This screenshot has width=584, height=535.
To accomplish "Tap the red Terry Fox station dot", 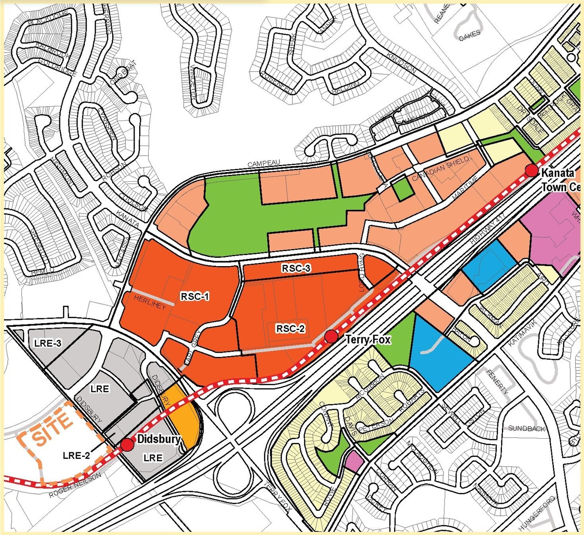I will pos(332,337).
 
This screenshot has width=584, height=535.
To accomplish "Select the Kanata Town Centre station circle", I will pos(532,170).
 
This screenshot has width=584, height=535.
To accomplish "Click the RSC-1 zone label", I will pos(195,296).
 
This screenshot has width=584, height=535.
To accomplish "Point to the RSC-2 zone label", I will pos(290,328).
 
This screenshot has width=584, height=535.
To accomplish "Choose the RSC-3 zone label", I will pos(296,268).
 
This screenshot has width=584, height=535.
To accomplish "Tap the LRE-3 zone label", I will pos(48,343).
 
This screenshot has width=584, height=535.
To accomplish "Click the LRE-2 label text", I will pos(76,455).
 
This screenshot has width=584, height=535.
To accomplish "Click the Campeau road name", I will pos(264,163).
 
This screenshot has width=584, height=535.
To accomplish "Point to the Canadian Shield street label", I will pos(440,168).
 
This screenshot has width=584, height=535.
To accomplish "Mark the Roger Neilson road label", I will pos(75,485).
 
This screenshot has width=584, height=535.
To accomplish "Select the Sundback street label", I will pos(527,428).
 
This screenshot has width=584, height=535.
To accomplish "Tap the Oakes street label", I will pos(469,35).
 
